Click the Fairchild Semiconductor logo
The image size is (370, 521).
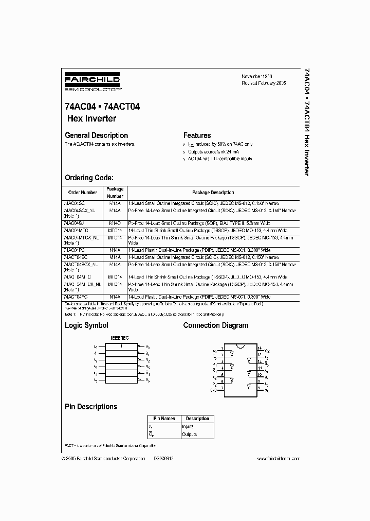pyautogui.click(x=92, y=83)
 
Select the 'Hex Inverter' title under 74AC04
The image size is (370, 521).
pyautogui.click(x=92, y=118)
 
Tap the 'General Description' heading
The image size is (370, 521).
pyautogui.click(x=96, y=135)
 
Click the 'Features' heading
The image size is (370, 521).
pyautogui.click(x=197, y=135)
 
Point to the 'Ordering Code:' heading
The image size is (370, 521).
pyautogui.click(x=88, y=178)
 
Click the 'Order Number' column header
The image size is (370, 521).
pyautogui.click(x=83, y=193)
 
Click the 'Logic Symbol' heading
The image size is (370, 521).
pyautogui.click(x=86, y=325)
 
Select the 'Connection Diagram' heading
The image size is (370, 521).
pyautogui.click(x=215, y=325)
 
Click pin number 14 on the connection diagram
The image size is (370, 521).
pyautogui.click(x=260, y=349)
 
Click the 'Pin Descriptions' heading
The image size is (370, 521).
pyautogui.click(x=90, y=407)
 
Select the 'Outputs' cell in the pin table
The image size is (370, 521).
pyautogui.click(x=190, y=435)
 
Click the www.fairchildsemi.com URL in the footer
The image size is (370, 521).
pyautogui.click(x=278, y=459)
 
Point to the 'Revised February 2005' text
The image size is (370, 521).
pyautogui.click(x=264, y=83)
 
